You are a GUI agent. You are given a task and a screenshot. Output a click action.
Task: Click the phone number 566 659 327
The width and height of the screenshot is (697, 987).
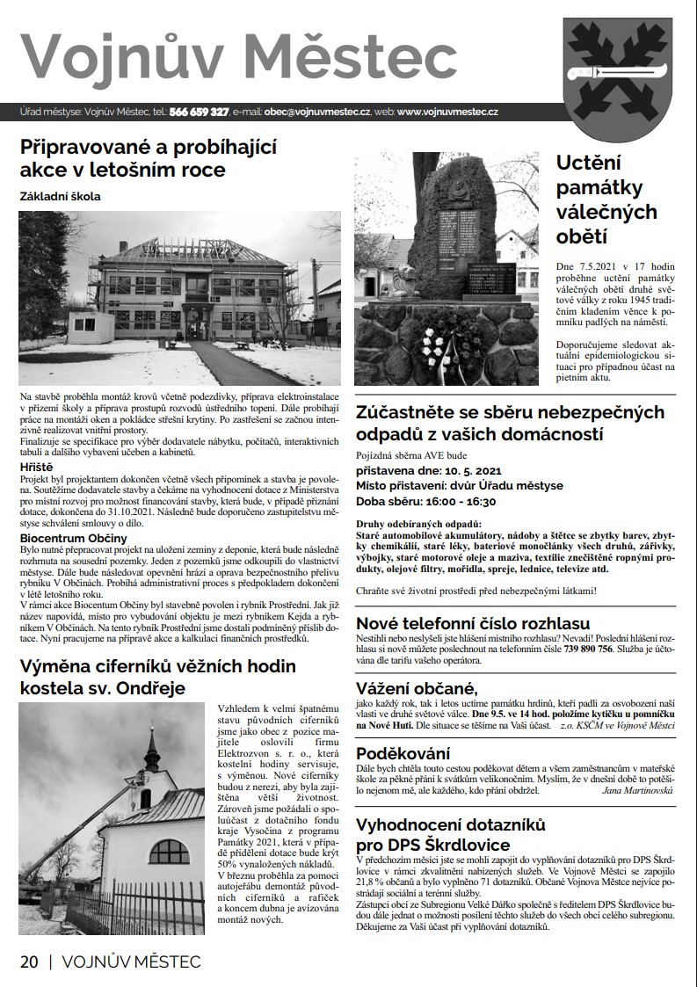pos(200,112)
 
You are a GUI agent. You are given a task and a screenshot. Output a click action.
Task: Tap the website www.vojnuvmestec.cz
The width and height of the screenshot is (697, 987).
pos(448,112)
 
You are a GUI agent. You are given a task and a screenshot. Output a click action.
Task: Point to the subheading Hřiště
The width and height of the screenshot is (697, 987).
pos(36,466)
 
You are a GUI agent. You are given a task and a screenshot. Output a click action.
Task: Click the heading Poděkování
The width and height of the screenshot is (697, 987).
pos(403,753)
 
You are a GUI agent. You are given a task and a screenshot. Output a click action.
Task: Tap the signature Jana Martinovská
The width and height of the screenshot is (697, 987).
pos(636,791)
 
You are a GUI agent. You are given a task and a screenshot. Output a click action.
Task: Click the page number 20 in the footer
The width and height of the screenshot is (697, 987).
pos(29,962)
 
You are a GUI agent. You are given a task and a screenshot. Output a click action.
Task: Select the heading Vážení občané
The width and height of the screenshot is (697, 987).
pos(416,687)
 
